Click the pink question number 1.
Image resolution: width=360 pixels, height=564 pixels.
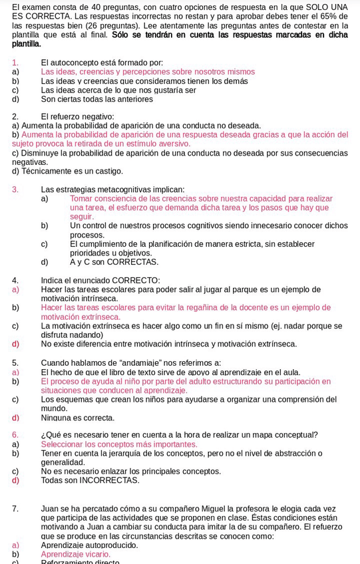[15, 63]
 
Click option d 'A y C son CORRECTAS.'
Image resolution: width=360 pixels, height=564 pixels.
[114, 262]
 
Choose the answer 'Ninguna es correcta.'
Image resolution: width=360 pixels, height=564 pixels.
[77, 418]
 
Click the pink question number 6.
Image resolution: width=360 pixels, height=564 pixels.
[15, 435]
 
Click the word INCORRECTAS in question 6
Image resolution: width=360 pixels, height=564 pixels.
[108, 480]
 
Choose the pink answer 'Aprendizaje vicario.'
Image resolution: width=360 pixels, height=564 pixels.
[75, 554]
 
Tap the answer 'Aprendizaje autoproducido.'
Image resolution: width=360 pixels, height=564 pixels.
[89, 545]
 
